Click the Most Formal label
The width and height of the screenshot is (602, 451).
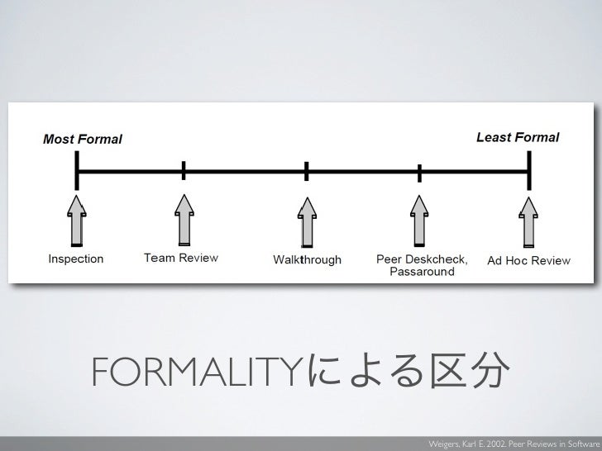pos(83,139)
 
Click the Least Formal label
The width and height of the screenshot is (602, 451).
pos(518,137)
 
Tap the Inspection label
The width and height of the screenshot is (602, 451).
pos(76,259)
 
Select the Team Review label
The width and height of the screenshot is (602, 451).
pos(181,258)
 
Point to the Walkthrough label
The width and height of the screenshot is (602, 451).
pos(307,260)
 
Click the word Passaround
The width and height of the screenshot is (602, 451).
pos(421,272)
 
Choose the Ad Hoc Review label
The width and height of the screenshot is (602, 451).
pos(528,261)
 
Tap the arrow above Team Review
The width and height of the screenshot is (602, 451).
pos(184,220)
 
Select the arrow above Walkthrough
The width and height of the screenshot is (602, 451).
pos(307,221)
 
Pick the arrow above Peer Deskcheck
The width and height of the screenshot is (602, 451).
pos(420,220)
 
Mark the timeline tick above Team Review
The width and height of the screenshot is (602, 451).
pos(184,171)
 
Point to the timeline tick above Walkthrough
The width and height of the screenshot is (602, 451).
pos(307,172)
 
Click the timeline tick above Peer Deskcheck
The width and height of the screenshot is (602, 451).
pos(420,173)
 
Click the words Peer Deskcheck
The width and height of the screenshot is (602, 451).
pos(422,259)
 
